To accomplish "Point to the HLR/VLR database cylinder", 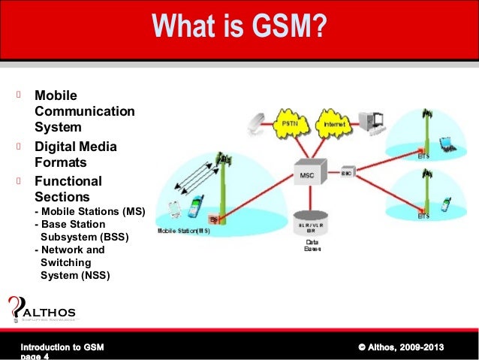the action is point(311,224).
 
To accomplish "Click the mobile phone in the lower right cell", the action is point(446,203).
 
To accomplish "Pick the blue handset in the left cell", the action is point(196,204).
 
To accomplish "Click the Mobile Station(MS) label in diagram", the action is point(184,231).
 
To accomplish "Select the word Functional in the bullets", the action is point(68,181).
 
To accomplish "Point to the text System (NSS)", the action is point(74,275).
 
